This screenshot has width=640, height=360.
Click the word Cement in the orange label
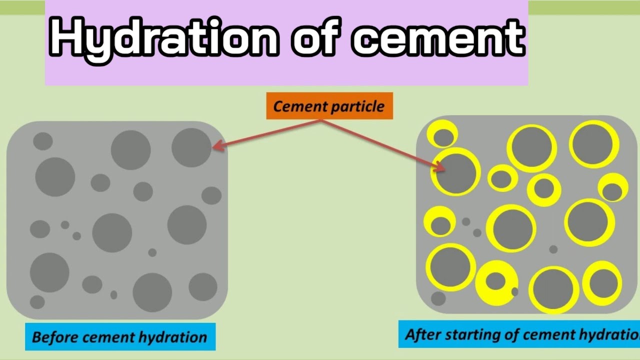(x=297, y=106)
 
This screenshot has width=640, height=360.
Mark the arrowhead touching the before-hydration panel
(x=215, y=146)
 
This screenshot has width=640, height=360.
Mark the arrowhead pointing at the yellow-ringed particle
(x=441, y=168)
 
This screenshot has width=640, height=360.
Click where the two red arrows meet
(x=320, y=120)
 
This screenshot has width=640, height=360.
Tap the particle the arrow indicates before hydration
(x=191, y=147)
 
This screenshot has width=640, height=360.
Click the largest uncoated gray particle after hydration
(x=438, y=298)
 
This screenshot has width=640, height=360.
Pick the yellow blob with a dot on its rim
(x=496, y=283)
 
